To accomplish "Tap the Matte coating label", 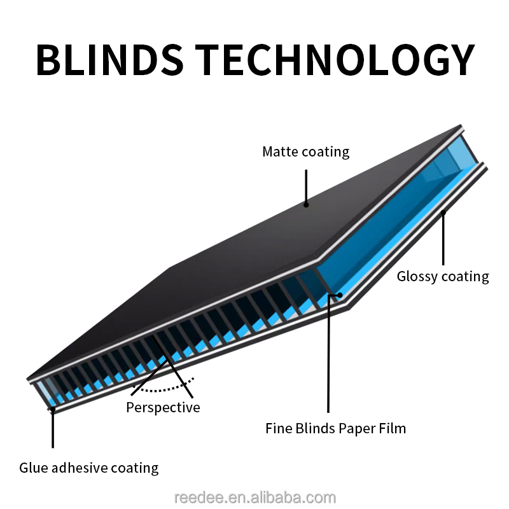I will click(x=306, y=151).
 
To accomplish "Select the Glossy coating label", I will click(x=443, y=276).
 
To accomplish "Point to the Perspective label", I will click(x=163, y=407).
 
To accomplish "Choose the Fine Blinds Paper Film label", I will click(x=335, y=428).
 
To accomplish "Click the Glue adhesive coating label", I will click(x=88, y=468).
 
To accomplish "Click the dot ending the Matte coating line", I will click(x=306, y=204).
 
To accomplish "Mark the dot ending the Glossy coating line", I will click(x=443, y=213).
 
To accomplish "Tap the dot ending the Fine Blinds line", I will click(x=340, y=295).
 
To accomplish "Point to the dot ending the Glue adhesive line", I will click(x=53, y=410).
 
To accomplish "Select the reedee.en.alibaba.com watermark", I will click(x=254, y=498).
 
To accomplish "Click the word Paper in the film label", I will click(x=361, y=428).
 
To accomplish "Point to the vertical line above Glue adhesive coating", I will click(x=53, y=429).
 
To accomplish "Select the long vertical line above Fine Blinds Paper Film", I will click(x=328, y=356).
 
